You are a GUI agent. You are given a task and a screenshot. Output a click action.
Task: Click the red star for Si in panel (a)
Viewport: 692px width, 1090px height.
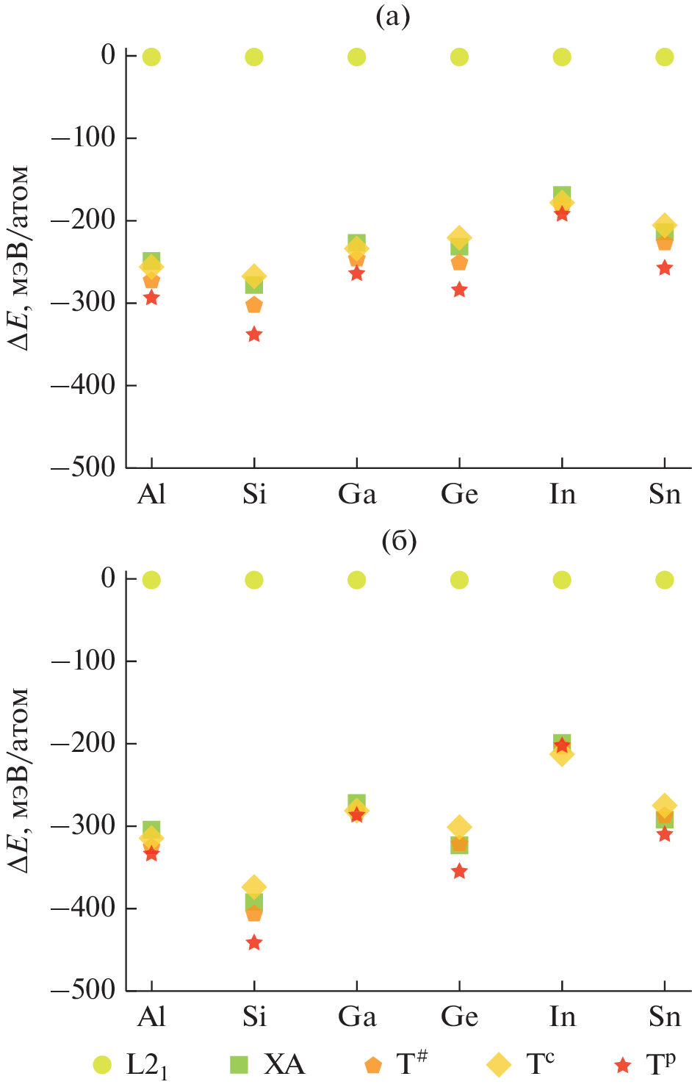(x=254, y=334)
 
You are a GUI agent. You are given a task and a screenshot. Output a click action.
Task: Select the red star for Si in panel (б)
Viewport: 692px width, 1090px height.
(x=254, y=942)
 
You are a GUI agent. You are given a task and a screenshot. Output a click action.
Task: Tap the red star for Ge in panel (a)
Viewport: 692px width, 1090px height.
(x=459, y=290)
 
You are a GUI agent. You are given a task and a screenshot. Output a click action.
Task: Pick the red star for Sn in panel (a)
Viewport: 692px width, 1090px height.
(x=664, y=268)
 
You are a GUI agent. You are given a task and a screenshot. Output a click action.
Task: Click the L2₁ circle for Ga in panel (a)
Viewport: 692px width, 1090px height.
(x=356, y=57)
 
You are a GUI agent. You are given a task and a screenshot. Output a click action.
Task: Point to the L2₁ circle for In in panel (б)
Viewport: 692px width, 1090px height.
(x=562, y=580)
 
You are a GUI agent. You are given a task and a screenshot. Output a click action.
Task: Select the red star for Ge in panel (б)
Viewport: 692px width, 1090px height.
(x=459, y=872)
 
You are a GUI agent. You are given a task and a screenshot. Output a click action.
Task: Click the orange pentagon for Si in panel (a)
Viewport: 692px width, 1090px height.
(x=254, y=305)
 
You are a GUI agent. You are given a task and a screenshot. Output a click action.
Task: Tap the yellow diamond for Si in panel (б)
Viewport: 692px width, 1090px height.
(x=254, y=886)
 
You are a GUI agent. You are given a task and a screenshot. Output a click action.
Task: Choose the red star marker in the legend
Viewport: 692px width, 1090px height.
(x=624, y=1064)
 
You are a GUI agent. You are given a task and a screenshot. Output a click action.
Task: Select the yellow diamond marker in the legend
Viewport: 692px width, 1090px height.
(x=500, y=1064)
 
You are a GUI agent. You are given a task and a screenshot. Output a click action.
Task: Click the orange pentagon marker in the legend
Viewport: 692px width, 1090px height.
(x=373, y=1064)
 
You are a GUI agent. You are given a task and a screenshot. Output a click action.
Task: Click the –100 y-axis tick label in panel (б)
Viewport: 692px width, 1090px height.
(x=83, y=661)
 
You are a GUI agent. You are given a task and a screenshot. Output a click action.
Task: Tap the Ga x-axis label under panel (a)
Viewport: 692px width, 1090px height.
(x=357, y=494)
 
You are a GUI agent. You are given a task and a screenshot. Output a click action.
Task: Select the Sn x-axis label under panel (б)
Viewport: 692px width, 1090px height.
(x=665, y=1017)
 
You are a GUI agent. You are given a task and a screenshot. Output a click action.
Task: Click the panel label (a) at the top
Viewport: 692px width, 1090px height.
(x=393, y=16)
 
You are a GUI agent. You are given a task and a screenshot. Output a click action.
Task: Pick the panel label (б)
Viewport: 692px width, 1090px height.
(x=399, y=541)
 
